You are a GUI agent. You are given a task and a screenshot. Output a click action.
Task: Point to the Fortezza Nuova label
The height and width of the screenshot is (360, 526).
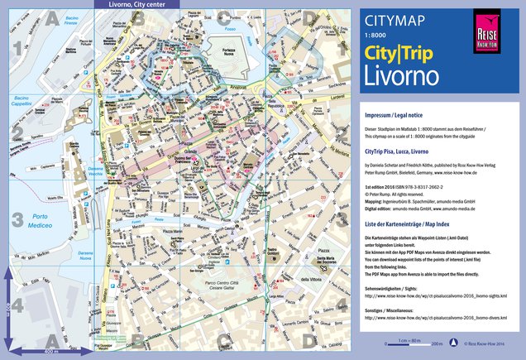[229, 58]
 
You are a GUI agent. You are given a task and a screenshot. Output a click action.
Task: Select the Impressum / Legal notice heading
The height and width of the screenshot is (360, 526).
[396, 116]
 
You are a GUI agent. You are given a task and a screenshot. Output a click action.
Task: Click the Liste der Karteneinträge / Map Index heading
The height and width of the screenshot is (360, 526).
[410, 224]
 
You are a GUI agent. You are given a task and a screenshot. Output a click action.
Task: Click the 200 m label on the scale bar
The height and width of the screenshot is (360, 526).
[436, 343]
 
